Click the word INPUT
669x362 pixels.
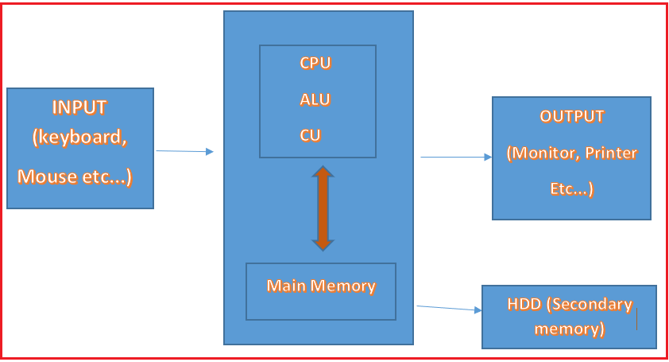click(79, 107)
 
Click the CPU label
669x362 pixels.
click(315, 64)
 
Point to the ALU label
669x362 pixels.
click(315, 99)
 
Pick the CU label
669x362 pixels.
click(311, 135)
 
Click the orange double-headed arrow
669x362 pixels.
click(322, 208)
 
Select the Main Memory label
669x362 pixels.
click(321, 286)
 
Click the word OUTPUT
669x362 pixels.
click(572, 116)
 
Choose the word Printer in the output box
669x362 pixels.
click(612, 153)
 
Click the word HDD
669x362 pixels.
click(523, 305)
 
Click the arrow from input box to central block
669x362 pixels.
click(184, 150)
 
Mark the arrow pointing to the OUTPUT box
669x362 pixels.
click(456, 157)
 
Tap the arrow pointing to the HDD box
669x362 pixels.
click(449, 308)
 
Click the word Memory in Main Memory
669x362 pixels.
click(346, 286)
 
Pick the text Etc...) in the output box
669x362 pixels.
click(571, 189)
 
